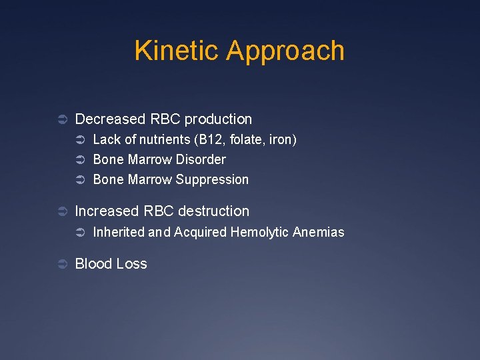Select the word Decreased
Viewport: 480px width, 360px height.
pyautogui.click(x=110, y=119)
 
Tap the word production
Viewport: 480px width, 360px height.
pyautogui.click(x=218, y=119)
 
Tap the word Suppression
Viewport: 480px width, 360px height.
pyautogui.click(x=213, y=180)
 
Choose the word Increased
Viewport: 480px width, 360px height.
pyautogui.click(x=107, y=211)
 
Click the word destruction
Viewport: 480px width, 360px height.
pyautogui.click(x=213, y=211)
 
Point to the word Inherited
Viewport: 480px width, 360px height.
pyautogui.click(x=119, y=232)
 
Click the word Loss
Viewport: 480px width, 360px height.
pyautogui.click(x=131, y=264)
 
